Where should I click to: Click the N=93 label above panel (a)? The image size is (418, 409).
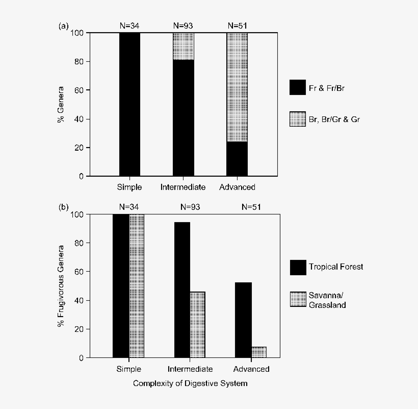[x=183, y=25]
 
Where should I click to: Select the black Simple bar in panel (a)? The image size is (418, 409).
[x=129, y=105]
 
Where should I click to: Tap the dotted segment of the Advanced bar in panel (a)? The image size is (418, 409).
[x=237, y=87]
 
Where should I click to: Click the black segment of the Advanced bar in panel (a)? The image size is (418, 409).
[x=237, y=159]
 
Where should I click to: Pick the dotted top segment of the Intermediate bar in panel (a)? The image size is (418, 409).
[x=183, y=46]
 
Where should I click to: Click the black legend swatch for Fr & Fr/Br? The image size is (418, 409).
[x=297, y=87]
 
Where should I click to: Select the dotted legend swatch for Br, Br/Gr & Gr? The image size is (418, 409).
[x=297, y=119]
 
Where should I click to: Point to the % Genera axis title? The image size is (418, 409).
[x=61, y=105]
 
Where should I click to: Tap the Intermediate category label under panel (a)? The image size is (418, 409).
[x=183, y=187]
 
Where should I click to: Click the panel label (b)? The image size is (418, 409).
[x=64, y=207]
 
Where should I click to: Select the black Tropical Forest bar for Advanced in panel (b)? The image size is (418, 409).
[x=243, y=320]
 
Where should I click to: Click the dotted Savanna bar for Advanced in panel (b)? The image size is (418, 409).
[x=258, y=352]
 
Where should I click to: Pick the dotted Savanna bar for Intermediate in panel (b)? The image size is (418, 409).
[x=198, y=325]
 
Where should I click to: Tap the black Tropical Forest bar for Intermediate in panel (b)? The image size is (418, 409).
[x=182, y=290]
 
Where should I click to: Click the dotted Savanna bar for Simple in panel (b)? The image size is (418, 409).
[x=137, y=286]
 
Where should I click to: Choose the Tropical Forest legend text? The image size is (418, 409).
[x=335, y=267]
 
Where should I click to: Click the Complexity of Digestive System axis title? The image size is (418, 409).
[x=190, y=383]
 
